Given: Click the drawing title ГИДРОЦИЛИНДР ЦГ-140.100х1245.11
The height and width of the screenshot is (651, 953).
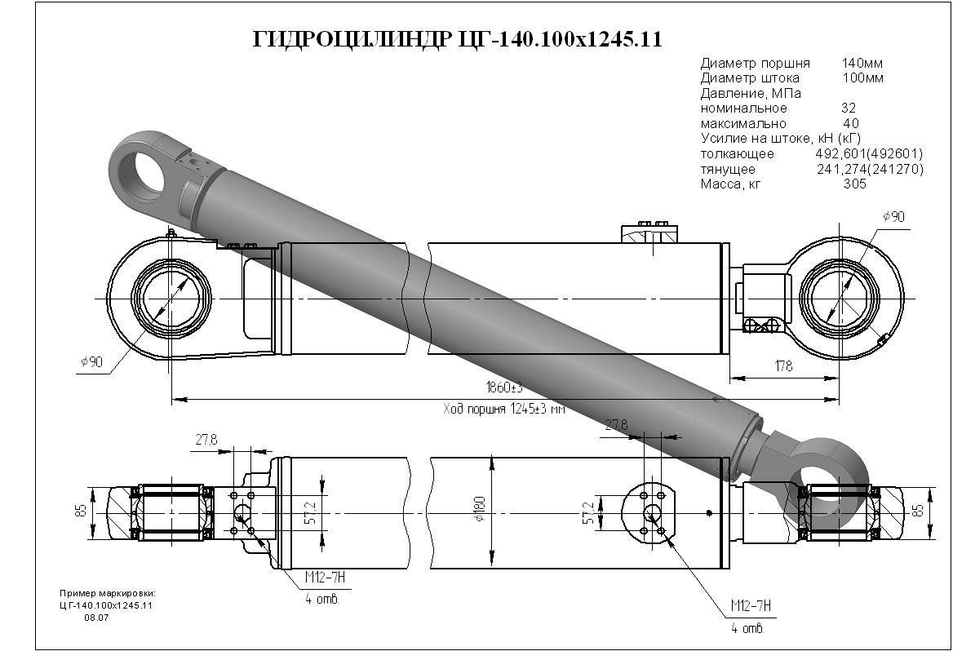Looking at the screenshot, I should (x=458, y=40).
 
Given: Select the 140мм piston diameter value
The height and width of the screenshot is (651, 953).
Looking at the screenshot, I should (x=862, y=63).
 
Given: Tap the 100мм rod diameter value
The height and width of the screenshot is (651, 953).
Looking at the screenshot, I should (x=862, y=78).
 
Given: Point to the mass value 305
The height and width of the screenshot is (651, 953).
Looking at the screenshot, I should (x=854, y=184).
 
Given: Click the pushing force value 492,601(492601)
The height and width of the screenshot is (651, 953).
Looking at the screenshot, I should (x=869, y=154).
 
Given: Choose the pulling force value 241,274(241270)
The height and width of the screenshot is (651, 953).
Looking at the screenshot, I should (x=870, y=170).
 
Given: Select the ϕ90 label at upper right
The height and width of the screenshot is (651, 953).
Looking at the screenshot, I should (x=893, y=217).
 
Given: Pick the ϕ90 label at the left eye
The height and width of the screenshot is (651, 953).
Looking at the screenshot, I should (x=91, y=361).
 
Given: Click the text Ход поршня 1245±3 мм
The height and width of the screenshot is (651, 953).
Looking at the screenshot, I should (x=503, y=409).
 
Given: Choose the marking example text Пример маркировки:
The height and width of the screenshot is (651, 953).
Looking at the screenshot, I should (x=107, y=593).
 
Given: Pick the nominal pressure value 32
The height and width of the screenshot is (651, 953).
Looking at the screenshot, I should (x=849, y=108).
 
